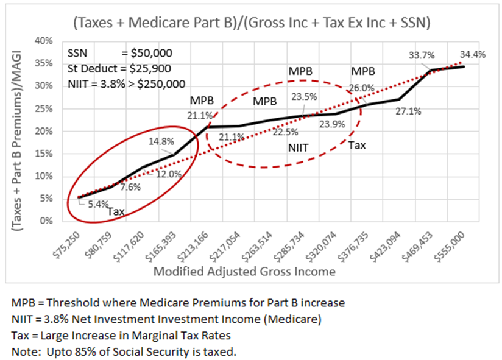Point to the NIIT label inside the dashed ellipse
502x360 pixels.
(299, 148)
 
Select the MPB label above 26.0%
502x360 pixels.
(362, 71)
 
